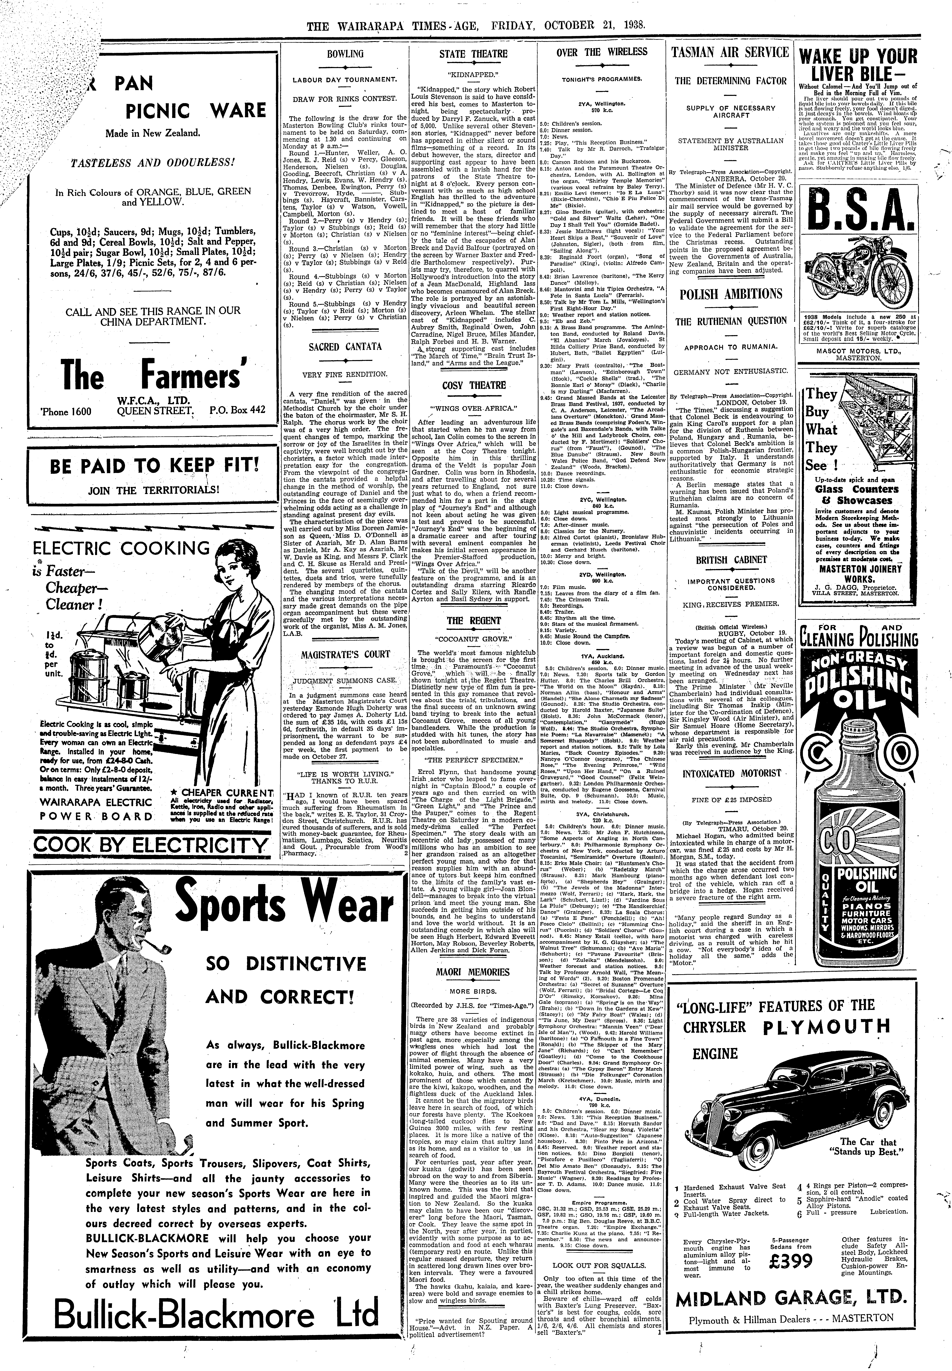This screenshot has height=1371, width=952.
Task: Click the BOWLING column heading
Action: coord(345,54)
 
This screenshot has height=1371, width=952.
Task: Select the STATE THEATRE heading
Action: coord(473,54)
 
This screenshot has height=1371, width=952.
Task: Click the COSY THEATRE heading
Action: coord(473,385)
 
